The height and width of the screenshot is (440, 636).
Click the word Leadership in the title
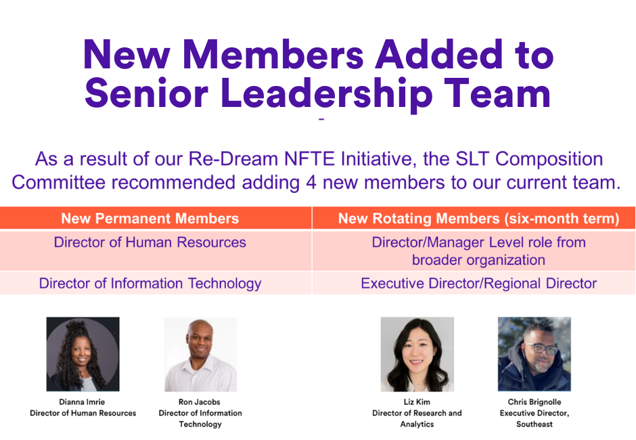point(327,94)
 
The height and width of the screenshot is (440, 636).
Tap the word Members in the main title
point(273,54)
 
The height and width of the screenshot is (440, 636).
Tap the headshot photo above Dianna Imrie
point(83,354)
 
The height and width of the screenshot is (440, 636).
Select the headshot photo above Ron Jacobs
point(200,354)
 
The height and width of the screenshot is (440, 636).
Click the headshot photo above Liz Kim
point(417,354)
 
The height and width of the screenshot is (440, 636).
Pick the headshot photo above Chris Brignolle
point(535,354)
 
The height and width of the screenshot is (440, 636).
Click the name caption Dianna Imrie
point(82,402)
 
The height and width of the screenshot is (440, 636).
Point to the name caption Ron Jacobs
point(200,402)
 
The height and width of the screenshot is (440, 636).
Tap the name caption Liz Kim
point(417,402)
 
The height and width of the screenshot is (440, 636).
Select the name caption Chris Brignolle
point(535,402)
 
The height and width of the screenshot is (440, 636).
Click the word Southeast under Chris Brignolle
point(535,424)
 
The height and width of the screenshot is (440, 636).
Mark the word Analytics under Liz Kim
point(417,424)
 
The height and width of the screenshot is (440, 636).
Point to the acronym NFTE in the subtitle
point(309,159)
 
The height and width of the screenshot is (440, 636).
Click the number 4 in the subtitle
point(311,183)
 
